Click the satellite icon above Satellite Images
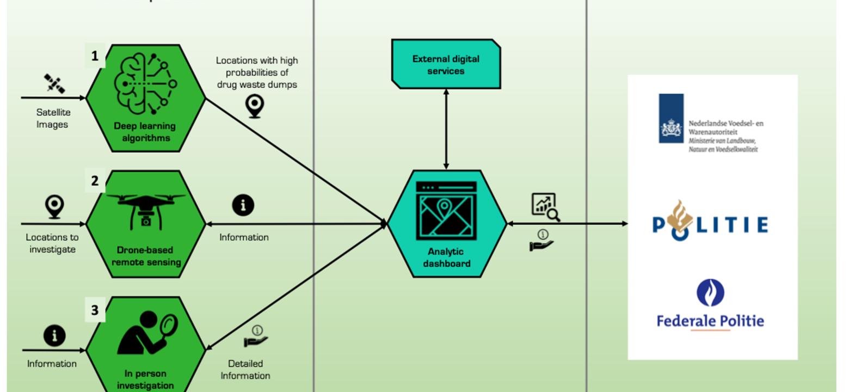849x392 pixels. coord(54,84)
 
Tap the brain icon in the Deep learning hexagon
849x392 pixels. coord(145,83)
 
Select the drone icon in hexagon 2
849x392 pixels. coord(145,210)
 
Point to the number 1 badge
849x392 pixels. coord(95,56)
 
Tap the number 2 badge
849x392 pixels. coord(95,181)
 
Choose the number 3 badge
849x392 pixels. coord(95,310)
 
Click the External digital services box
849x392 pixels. coord(446,64)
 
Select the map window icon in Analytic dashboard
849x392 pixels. coord(446,211)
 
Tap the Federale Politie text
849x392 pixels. coord(710,321)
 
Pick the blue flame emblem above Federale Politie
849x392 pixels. coord(710,293)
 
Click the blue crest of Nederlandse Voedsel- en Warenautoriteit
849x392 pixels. coord(671,119)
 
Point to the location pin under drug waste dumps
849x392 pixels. coord(255,106)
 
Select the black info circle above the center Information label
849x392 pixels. coord(243,205)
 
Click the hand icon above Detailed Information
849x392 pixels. coord(256,336)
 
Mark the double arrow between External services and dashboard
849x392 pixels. coord(446,129)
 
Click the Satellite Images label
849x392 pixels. coord(52,118)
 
